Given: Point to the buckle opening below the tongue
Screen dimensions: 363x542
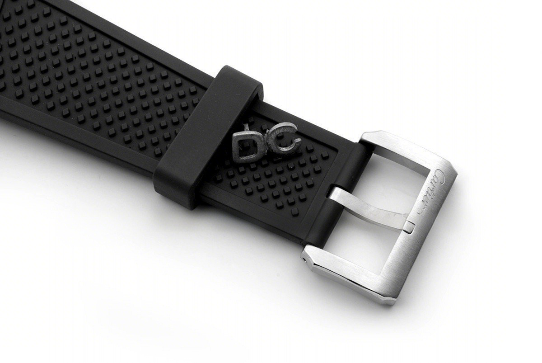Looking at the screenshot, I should (x=361, y=244).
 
